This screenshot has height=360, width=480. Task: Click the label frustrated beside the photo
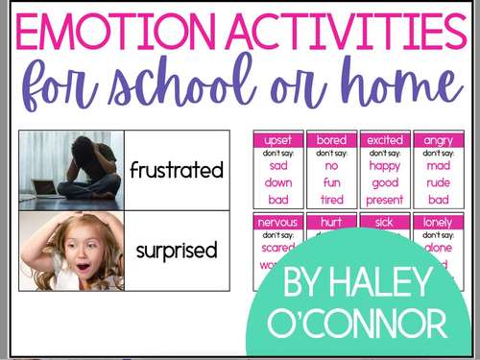click(177, 171)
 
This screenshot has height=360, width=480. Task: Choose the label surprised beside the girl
click(177, 251)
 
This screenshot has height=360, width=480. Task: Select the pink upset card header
click(277, 140)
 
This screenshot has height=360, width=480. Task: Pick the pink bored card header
click(331, 140)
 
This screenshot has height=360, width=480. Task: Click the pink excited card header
click(385, 140)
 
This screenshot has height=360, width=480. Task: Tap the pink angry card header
click(439, 140)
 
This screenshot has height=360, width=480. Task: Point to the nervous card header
click(277, 222)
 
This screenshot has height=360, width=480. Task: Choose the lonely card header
click(439, 222)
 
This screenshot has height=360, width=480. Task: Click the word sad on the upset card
click(277, 165)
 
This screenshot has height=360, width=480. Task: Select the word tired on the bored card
click(331, 199)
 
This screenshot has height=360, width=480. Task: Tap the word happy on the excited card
click(385, 165)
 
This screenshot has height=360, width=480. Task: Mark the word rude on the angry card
click(439, 182)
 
